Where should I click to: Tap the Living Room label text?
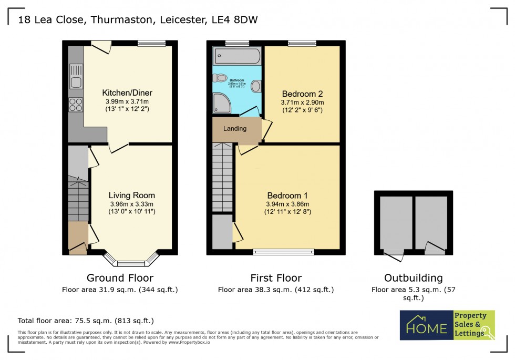(x=132, y=195)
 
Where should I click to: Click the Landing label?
(x=235, y=129)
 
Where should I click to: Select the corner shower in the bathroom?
(x=221, y=104)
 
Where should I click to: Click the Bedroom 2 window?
(x=302, y=44)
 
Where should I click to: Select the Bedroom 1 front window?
(x=284, y=252)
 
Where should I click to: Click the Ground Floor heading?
(x=120, y=278)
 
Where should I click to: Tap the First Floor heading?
(x=276, y=278)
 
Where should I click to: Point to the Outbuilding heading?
(x=413, y=278)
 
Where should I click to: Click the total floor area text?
(x=86, y=321)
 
